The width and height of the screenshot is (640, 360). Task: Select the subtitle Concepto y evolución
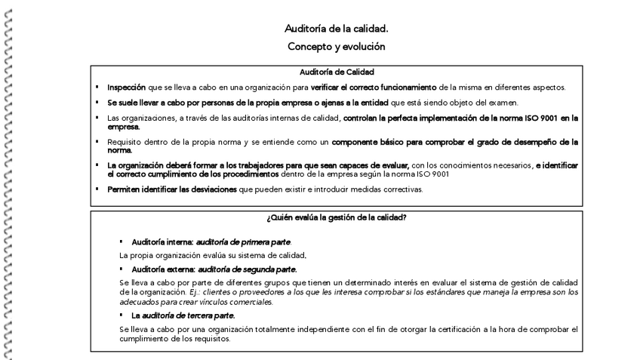tap(337, 46)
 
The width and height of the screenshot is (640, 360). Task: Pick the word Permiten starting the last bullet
tap(125, 189)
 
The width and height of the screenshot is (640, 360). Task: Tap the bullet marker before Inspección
tap(99, 88)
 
